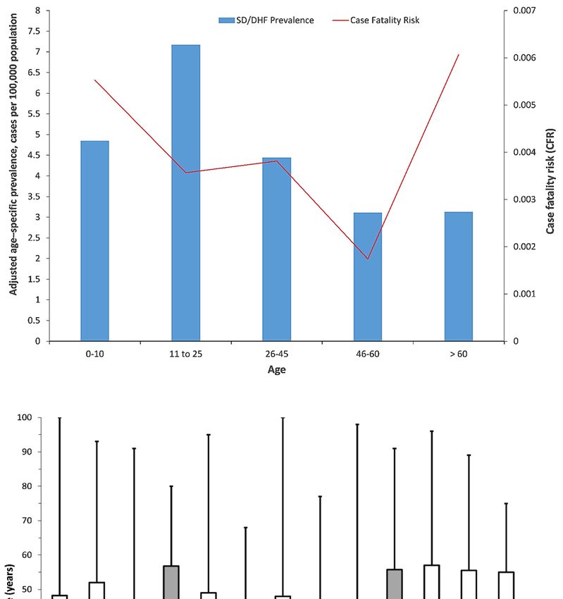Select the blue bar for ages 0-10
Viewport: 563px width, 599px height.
pyautogui.click(x=94, y=240)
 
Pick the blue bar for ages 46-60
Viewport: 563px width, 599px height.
pyautogui.click(x=368, y=276)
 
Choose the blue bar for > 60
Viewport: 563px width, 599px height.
pyautogui.click(x=459, y=276)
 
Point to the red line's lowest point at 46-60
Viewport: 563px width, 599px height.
pyautogui.click(x=368, y=259)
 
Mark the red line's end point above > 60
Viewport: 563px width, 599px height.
pyautogui.click(x=459, y=54)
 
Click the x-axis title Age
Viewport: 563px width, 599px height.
pyautogui.click(x=276, y=369)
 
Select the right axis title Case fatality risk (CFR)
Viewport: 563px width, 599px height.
pyautogui.click(x=550, y=175)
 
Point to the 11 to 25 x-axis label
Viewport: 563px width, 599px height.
pyautogui.click(x=186, y=353)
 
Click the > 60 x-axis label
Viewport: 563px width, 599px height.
pyautogui.click(x=459, y=353)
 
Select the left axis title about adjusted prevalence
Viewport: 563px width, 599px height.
pyautogui.click(x=13, y=175)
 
